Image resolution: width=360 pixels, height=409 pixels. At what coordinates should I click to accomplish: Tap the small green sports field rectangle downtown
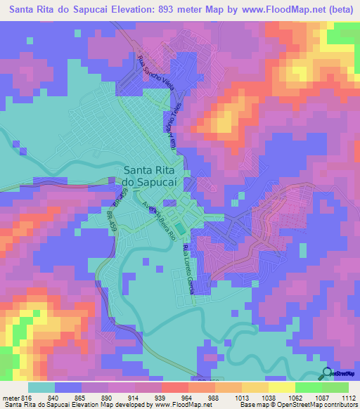[181, 228]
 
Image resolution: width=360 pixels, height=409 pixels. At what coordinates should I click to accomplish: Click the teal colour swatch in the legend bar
[41, 387]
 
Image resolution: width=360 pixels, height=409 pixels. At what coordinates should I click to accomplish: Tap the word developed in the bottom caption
[129, 404]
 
